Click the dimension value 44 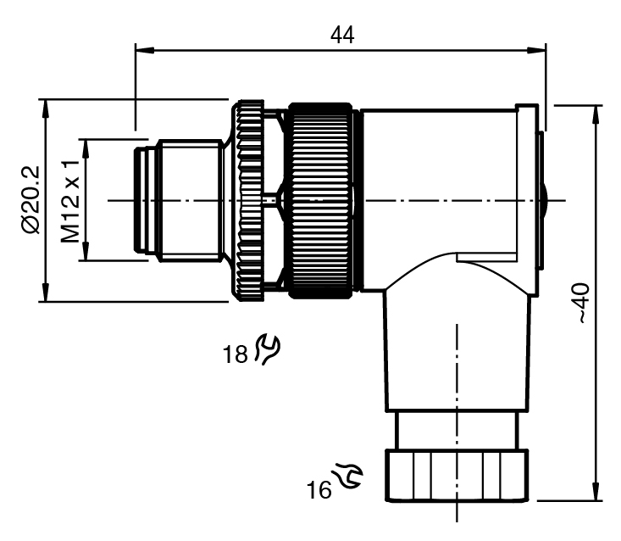pos(342,35)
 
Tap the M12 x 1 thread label pos(74,200)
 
